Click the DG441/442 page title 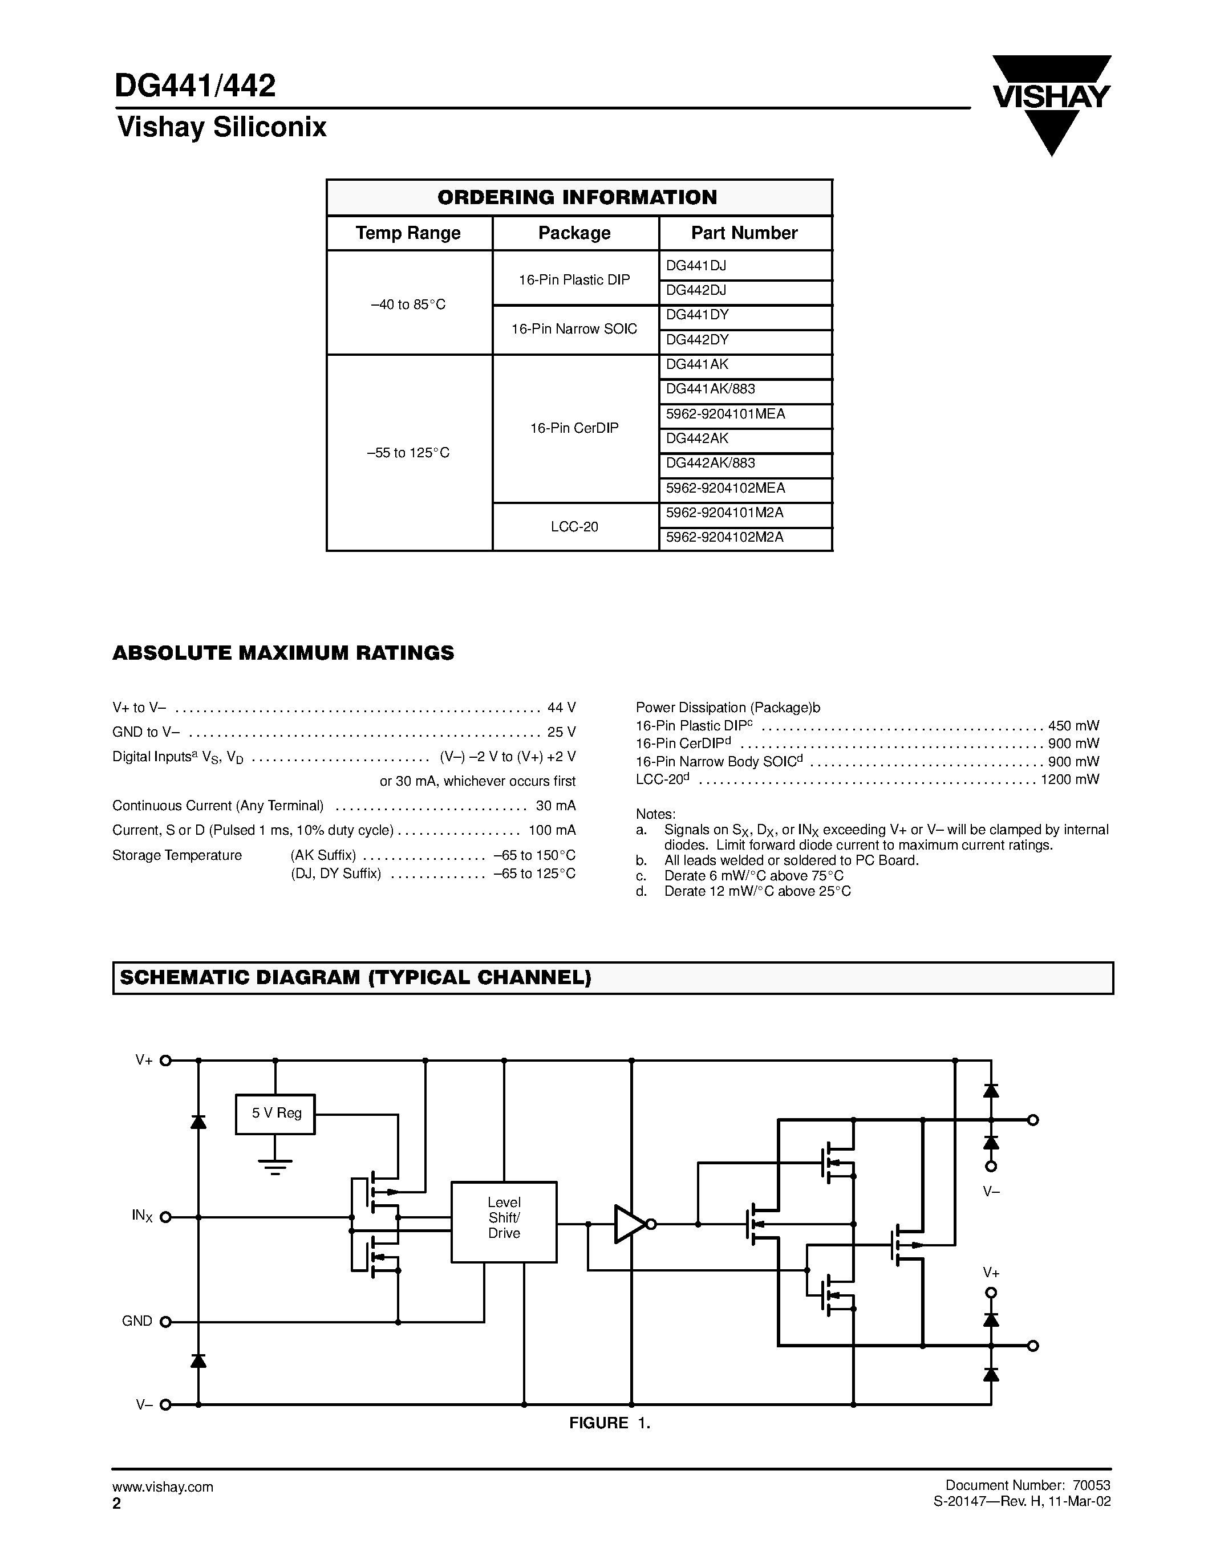click(194, 86)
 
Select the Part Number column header click(744, 233)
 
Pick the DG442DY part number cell click(744, 340)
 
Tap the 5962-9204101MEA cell click(744, 415)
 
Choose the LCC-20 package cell click(574, 527)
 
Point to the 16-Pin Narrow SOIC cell click(574, 329)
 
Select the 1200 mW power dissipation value click(1070, 779)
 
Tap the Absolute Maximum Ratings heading click(283, 653)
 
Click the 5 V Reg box click(275, 1114)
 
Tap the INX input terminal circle click(165, 1217)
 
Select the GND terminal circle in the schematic click(165, 1322)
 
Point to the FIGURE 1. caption click(610, 1423)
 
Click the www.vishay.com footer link click(163, 1487)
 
